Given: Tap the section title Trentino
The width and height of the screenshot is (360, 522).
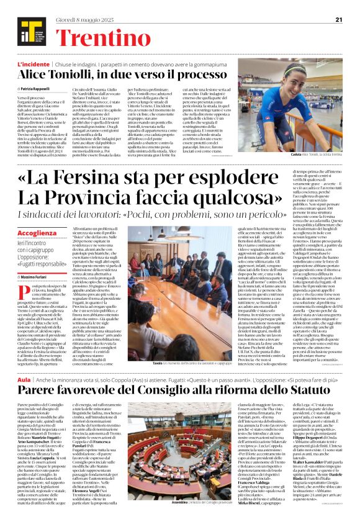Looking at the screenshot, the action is pos(96,37).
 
